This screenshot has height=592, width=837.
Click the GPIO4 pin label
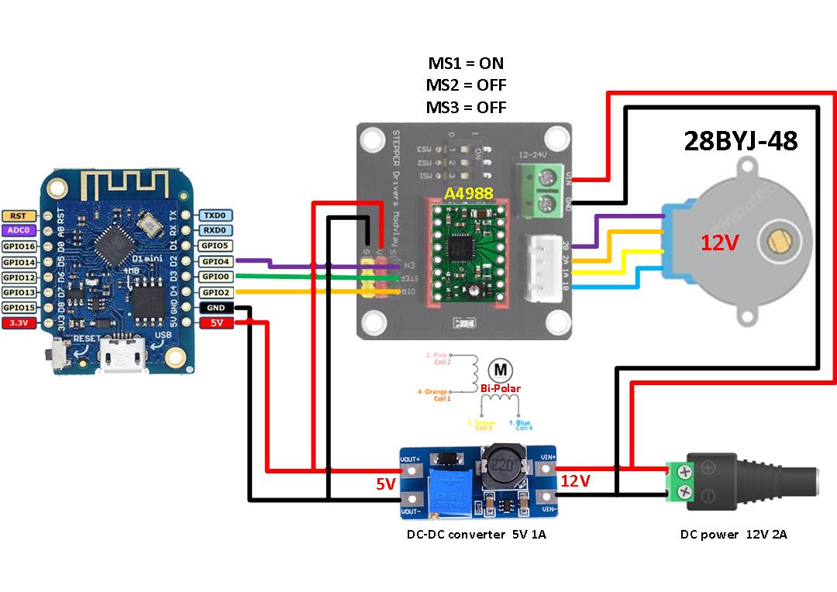pyautogui.click(x=215, y=261)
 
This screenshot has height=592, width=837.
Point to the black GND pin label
pyautogui.click(x=215, y=308)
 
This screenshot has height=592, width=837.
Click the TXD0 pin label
pyautogui.click(x=215, y=215)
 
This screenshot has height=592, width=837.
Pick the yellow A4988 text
pyautogui.click(x=468, y=193)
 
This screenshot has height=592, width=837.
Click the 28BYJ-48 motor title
pyautogui.click(x=740, y=140)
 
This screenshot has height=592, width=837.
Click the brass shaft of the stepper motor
pyautogui.click(x=777, y=245)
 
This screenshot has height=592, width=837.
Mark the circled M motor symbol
pyautogui.click(x=500, y=368)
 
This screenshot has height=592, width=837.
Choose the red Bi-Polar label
pyautogui.click(x=500, y=388)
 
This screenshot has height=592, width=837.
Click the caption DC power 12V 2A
pyautogui.click(x=733, y=534)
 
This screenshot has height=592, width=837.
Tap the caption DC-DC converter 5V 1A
pyautogui.click(x=477, y=534)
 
